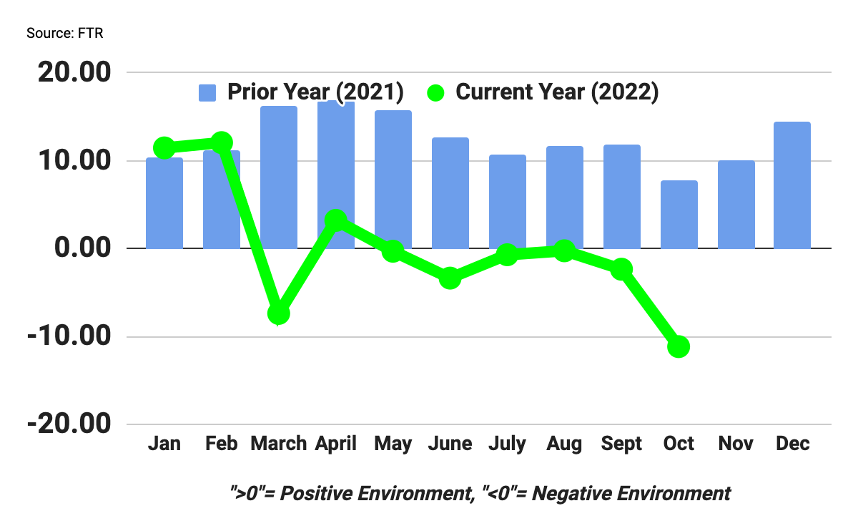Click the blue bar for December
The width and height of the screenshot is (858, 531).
coord(793,185)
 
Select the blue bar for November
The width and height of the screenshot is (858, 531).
coord(736,205)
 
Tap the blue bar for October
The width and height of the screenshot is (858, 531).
coord(679,215)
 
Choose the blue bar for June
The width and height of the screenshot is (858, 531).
coord(450,193)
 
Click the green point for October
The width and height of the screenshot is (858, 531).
coord(679,347)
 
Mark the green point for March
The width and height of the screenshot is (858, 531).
coord(279,313)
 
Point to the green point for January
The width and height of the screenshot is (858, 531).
coord(164,148)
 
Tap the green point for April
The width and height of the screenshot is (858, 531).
coord(336,220)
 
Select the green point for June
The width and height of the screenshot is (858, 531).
coord(450,278)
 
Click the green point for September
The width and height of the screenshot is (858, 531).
coord(621,269)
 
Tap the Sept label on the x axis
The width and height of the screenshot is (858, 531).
coord(621,444)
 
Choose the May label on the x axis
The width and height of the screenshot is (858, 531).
coord(393,444)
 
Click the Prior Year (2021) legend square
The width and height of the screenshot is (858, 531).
coord(207,92)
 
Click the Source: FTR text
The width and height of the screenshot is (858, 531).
coord(65,34)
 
